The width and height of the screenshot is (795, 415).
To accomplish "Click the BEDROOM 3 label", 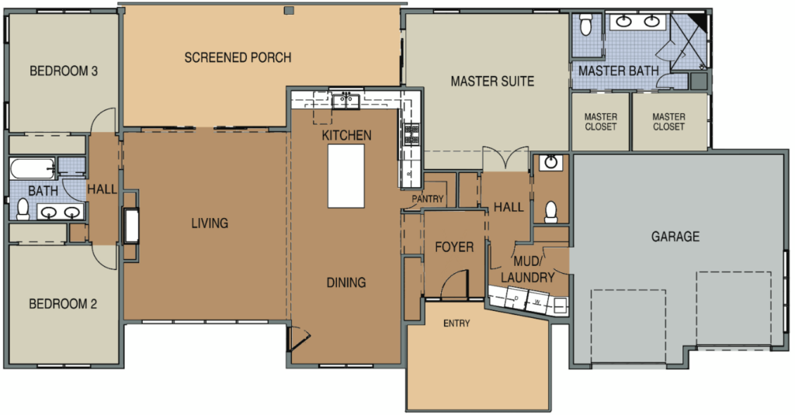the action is (64, 71).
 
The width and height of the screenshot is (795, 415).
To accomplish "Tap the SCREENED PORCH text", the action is (238, 57).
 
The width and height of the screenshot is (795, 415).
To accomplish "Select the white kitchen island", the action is (345, 176).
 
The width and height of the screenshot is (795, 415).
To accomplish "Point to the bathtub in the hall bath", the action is (33, 168).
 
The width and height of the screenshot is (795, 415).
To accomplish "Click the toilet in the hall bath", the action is (23, 209).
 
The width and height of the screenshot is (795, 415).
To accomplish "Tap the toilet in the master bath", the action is (585, 25).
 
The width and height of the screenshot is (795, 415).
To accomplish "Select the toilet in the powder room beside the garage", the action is (550, 212).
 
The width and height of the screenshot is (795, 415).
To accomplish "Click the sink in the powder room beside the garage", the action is (550, 163).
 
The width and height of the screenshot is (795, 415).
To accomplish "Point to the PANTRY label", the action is (428, 199).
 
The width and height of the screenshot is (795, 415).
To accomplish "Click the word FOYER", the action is (454, 247).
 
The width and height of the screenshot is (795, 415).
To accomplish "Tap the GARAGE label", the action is (675, 236).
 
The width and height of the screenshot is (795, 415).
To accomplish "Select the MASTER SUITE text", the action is (492, 81).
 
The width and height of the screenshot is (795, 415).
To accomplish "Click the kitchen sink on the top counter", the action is (346, 101).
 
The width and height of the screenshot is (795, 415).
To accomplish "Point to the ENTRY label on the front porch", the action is (457, 323).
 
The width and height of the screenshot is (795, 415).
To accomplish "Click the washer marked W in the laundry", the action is (537, 302).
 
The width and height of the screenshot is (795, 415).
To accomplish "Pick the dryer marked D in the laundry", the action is (516, 298).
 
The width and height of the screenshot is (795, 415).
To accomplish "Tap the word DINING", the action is (346, 282).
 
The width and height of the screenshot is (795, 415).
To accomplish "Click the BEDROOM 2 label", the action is (63, 304).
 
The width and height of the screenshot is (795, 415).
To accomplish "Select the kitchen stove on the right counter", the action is (411, 135).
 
